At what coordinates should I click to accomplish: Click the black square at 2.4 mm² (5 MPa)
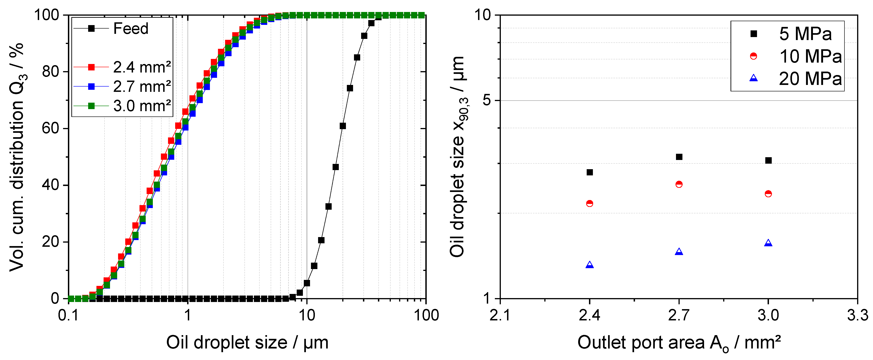click(x=590, y=172)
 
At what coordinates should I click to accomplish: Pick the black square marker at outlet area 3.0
click(x=769, y=160)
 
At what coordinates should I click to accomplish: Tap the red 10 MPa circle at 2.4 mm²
click(x=590, y=203)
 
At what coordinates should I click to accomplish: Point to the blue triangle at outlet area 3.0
click(x=769, y=243)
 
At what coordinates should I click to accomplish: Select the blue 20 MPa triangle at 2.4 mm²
click(x=590, y=265)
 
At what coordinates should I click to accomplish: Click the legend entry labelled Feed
click(x=131, y=29)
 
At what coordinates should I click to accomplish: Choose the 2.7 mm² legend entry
click(x=142, y=87)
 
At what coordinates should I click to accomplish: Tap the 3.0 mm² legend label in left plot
click(x=142, y=106)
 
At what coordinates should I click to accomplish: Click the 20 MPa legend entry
click(x=810, y=79)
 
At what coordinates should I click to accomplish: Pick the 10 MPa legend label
click(x=810, y=56)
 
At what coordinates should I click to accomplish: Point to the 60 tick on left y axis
click(x=50, y=128)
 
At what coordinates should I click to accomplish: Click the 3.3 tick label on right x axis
click(x=857, y=315)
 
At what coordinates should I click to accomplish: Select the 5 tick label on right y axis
click(x=487, y=100)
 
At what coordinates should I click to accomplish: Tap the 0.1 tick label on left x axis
click(x=68, y=315)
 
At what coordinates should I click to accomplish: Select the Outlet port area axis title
click(x=679, y=343)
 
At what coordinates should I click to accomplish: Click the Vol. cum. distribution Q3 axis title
click(x=17, y=157)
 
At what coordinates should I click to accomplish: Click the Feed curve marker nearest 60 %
click(x=343, y=126)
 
